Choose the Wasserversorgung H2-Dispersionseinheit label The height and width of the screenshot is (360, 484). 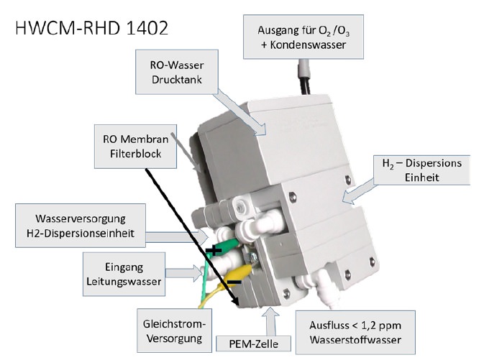[83, 223]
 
